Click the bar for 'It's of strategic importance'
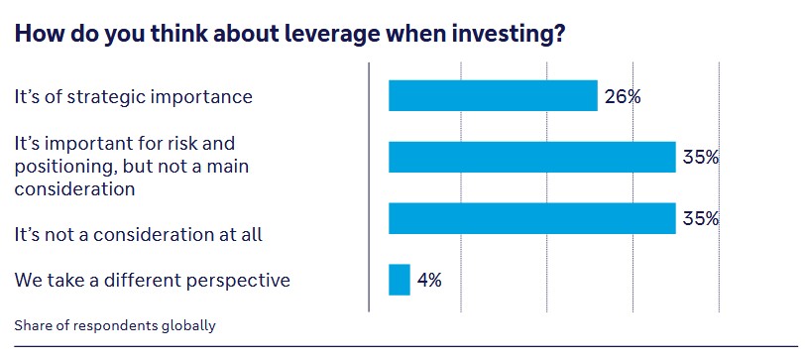click(493, 95)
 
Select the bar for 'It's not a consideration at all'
click(531, 218)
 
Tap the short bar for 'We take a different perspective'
click(400, 280)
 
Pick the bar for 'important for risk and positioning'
click(531, 157)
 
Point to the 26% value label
click(623, 96)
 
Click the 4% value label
click(429, 281)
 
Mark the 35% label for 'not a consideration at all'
click(700, 219)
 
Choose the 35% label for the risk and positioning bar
click(700, 157)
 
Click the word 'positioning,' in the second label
click(65, 168)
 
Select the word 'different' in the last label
click(128, 280)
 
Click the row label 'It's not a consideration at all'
click(138, 235)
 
